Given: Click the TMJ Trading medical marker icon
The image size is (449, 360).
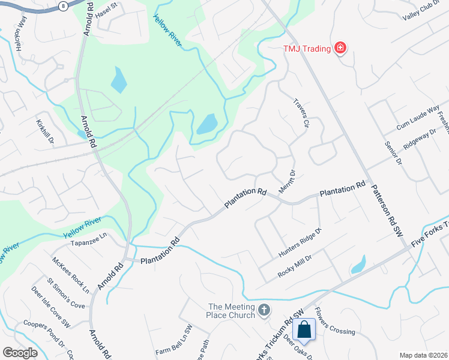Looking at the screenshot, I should point(340,47).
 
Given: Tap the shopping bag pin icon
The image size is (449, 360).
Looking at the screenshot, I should point(304,329).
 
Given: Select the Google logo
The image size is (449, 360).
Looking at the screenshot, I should point(20,353).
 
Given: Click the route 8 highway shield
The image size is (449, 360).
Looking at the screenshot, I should point(64,5).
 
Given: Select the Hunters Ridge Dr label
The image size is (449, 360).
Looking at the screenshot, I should point(300,244).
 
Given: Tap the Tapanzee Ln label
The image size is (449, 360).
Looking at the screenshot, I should point(88,236).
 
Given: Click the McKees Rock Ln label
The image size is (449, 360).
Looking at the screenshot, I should point(71,275).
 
